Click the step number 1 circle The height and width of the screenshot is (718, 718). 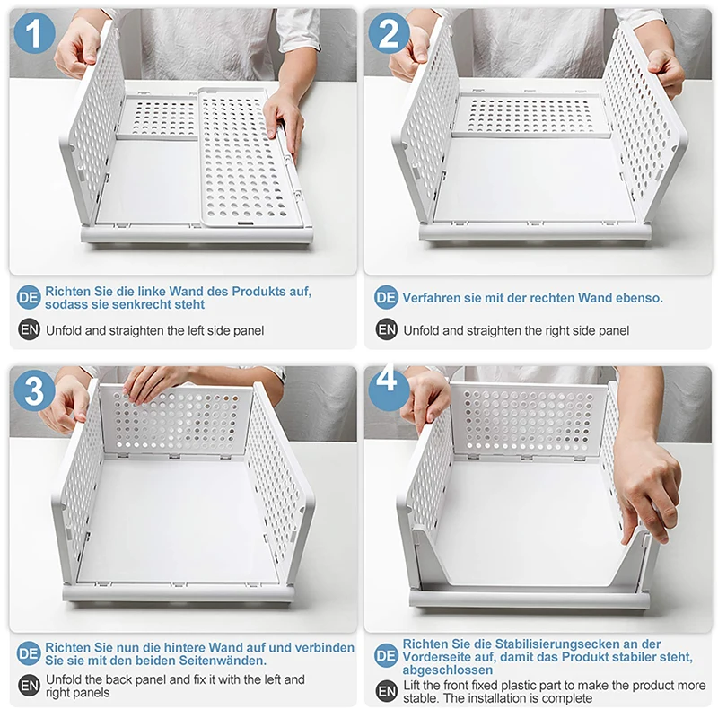pyautogui.click(x=34, y=33)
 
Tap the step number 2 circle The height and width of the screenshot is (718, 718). pyautogui.click(x=389, y=33)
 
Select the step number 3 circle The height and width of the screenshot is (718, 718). pyautogui.click(x=34, y=390)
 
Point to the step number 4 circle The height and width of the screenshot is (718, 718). pyautogui.click(x=389, y=389)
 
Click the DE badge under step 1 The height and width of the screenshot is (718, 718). pyautogui.click(x=29, y=298)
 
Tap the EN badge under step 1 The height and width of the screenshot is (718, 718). pyautogui.click(x=30, y=329)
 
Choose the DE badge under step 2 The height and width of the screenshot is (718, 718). pyautogui.click(x=386, y=298)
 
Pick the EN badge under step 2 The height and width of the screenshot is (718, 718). pyautogui.click(x=387, y=329)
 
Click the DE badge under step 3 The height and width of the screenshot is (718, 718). pyautogui.click(x=29, y=653)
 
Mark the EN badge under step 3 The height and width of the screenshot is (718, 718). pyautogui.click(x=30, y=686)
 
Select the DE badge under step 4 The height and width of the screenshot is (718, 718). pyautogui.click(x=386, y=656)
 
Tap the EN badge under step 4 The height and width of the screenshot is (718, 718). pyautogui.click(x=387, y=690)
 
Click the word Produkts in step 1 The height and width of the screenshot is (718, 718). pyautogui.click(x=258, y=291)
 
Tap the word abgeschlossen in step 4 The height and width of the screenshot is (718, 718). pyautogui.click(x=448, y=670)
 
